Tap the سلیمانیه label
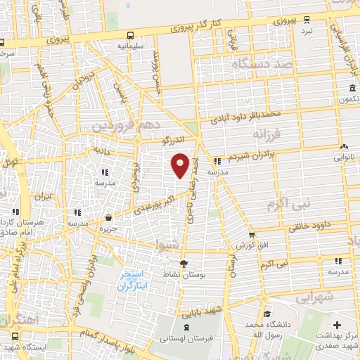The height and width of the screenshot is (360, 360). click(131, 46)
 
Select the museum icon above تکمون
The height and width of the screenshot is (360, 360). click(351, 89)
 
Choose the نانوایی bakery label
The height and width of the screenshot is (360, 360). click(344, 157)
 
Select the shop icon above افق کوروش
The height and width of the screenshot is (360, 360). click(252, 235)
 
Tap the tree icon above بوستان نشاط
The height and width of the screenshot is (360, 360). click(184, 262)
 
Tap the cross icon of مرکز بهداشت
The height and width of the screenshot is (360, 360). click(337, 326)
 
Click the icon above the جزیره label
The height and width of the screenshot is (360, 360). click(108, 218)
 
